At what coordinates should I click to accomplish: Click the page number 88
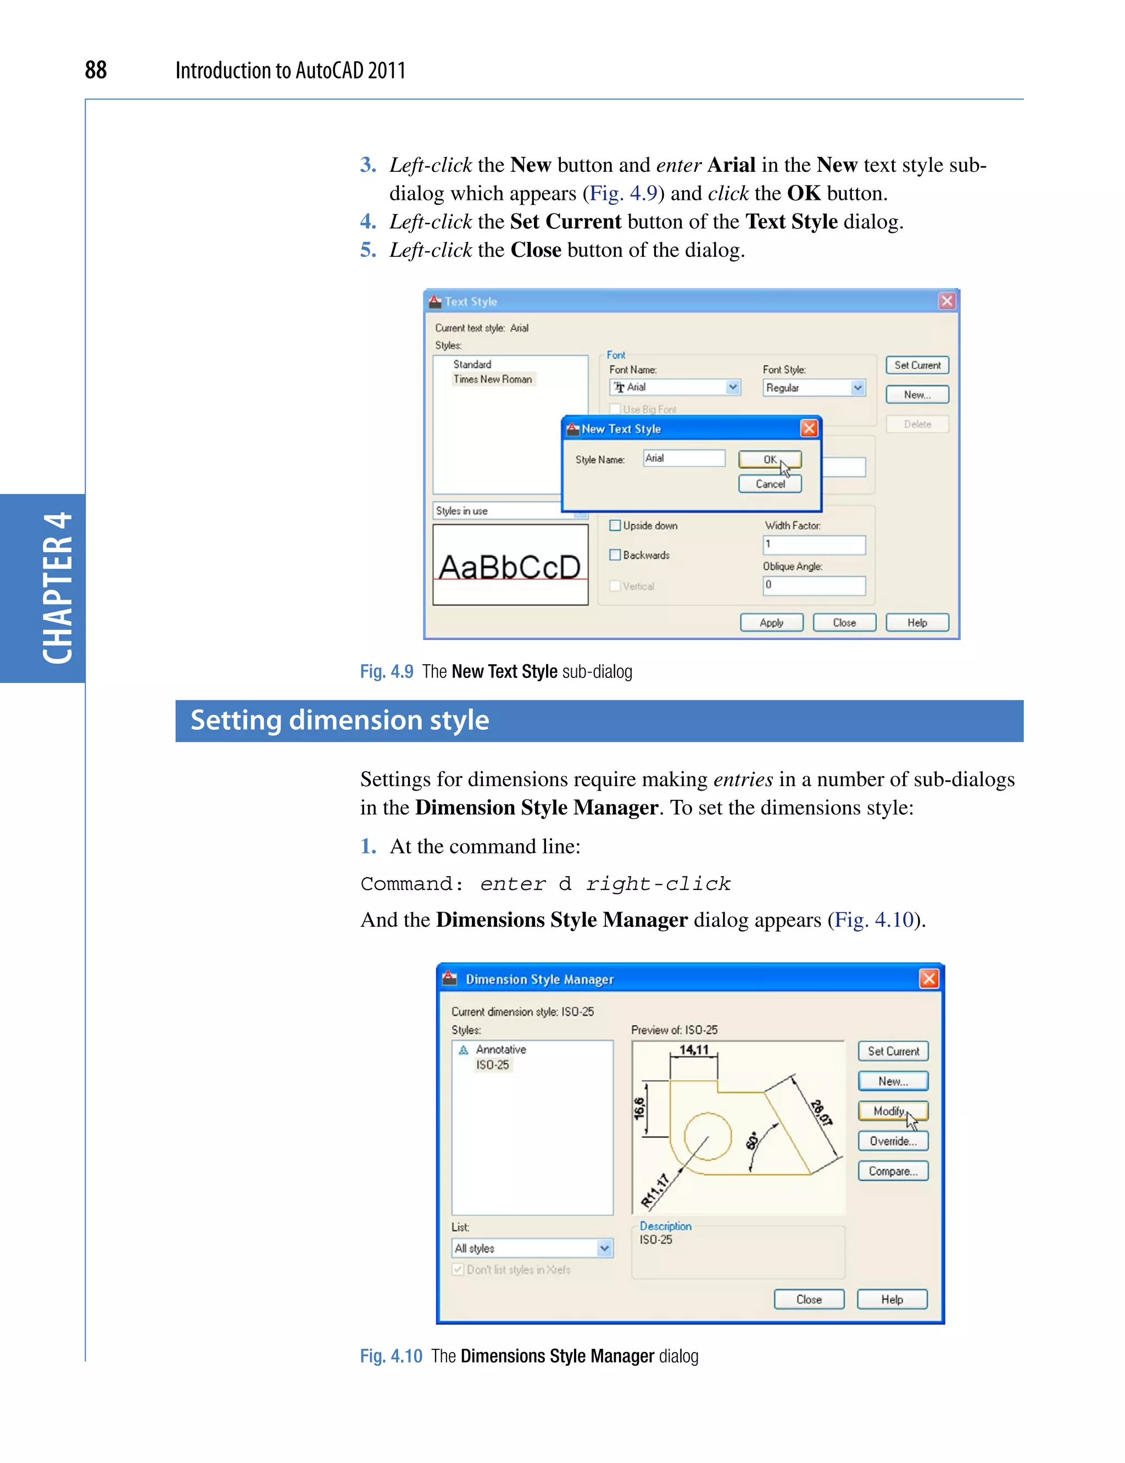click(96, 70)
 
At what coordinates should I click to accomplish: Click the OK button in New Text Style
click(770, 459)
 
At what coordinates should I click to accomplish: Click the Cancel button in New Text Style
click(770, 484)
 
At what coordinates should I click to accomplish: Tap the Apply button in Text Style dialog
click(771, 623)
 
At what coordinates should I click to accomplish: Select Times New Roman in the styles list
click(492, 379)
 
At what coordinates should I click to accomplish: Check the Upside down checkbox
click(615, 525)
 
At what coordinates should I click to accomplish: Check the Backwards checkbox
click(615, 555)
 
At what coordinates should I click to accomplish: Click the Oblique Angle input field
click(814, 585)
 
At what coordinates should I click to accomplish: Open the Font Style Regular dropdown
click(857, 388)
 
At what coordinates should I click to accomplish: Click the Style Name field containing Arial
click(684, 458)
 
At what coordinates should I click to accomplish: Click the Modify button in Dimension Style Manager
click(892, 1111)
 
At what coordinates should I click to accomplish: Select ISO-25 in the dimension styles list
click(492, 1065)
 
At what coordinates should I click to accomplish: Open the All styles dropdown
click(604, 1248)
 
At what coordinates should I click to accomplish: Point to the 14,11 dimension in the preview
click(694, 1050)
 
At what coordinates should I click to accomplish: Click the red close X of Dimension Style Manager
click(929, 979)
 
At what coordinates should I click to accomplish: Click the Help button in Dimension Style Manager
click(892, 1299)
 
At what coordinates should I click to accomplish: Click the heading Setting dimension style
click(339, 721)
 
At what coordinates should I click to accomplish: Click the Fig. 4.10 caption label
click(391, 1356)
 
